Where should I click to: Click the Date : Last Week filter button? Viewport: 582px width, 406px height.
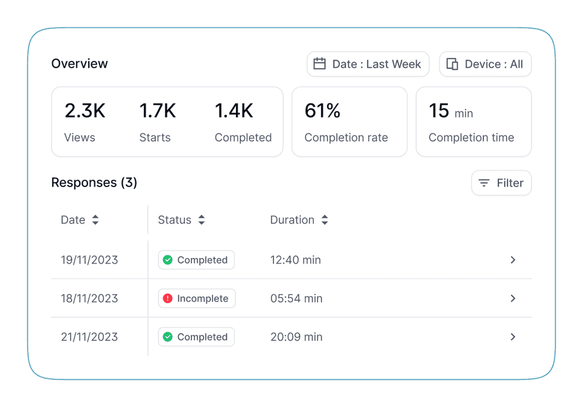click(x=368, y=64)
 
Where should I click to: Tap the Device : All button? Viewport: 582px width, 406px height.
click(x=485, y=64)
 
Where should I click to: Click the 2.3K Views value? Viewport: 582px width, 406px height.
click(x=85, y=110)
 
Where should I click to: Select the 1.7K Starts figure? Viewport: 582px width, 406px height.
click(x=157, y=110)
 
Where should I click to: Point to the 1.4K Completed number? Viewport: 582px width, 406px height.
click(x=234, y=110)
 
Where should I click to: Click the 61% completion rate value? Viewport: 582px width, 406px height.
click(x=322, y=110)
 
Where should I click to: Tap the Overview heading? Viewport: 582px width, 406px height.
click(x=80, y=64)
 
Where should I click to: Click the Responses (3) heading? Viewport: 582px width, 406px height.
click(x=94, y=183)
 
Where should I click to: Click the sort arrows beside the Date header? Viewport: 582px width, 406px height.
click(x=95, y=220)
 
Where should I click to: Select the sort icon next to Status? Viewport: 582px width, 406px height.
click(x=201, y=220)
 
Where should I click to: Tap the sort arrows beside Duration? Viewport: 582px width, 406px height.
click(x=325, y=220)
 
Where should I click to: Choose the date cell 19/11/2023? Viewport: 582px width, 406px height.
click(x=89, y=260)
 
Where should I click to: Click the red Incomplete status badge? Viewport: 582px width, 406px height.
click(x=197, y=299)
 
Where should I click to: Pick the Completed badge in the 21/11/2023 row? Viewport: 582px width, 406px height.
click(x=196, y=337)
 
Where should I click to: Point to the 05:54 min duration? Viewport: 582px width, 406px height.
click(x=296, y=299)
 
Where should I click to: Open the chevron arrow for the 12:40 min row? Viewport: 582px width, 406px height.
click(x=513, y=260)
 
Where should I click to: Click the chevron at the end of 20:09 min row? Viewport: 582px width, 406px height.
click(x=513, y=337)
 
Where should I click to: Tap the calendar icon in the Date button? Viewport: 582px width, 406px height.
click(x=320, y=64)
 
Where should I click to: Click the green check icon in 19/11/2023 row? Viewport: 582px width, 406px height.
click(x=168, y=260)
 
